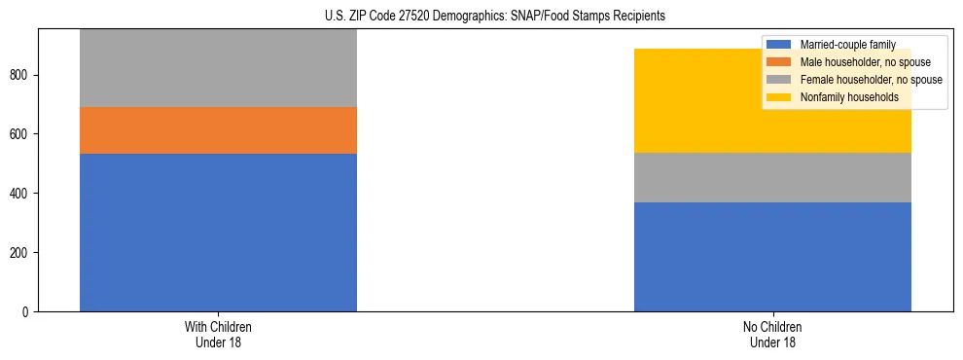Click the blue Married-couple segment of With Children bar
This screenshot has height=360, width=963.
pyautogui.click(x=218, y=233)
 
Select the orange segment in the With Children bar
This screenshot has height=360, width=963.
pyautogui.click(x=218, y=130)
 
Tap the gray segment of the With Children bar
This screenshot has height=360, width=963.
pyautogui.click(x=218, y=68)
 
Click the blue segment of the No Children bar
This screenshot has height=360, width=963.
pyautogui.click(x=772, y=257)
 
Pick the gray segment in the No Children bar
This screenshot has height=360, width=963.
pyautogui.click(x=772, y=177)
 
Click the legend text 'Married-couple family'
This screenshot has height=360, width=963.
pyautogui.click(x=847, y=45)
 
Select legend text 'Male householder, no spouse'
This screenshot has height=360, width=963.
pyautogui.click(x=864, y=62)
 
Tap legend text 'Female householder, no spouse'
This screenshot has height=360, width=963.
pyautogui.click(x=871, y=80)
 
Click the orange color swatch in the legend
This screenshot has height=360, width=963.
pyautogui.click(x=779, y=62)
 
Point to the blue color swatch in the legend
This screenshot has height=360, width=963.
pyautogui.click(x=779, y=45)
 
